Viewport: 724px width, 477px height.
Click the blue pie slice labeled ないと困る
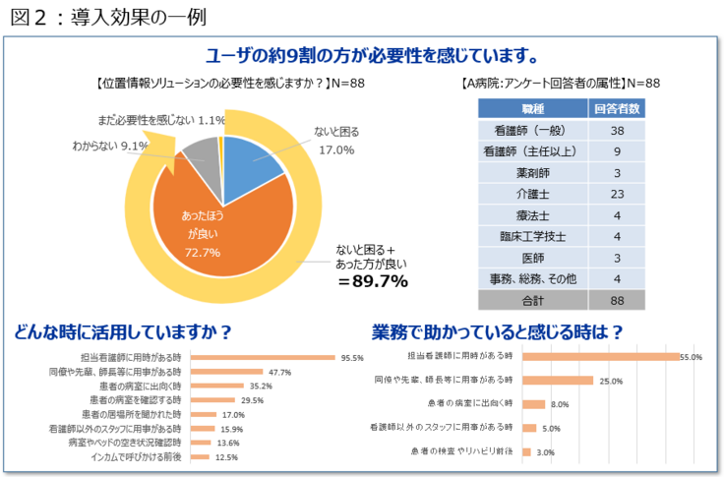[x=251, y=162]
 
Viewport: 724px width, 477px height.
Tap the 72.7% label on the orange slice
[x=203, y=253]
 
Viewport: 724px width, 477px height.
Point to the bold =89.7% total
[x=373, y=282]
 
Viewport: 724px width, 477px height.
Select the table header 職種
[x=533, y=107]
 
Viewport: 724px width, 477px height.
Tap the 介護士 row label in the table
[x=533, y=193]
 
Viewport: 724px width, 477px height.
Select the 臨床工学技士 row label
[x=533, y=236]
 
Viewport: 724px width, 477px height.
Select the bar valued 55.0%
[x=600, y=357]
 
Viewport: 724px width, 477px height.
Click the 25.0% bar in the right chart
[x=558, y=380]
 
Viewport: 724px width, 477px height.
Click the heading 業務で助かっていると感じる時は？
[x=498, y=331]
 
